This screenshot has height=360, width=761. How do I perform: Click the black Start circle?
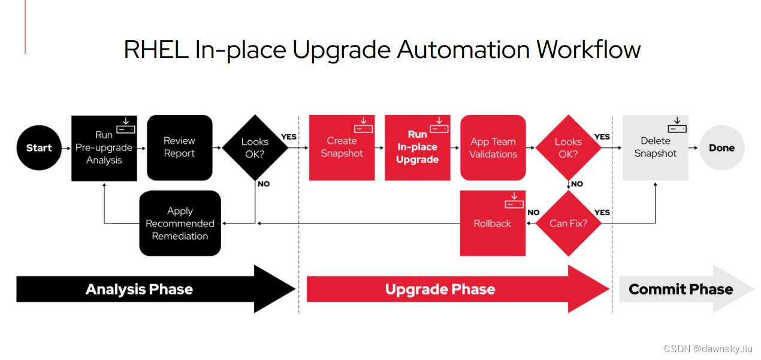click(39, 148)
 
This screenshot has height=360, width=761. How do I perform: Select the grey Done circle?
click(721, 148)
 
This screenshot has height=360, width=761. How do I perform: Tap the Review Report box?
click(180, 147)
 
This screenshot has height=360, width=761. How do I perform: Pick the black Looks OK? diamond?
click(255, 148)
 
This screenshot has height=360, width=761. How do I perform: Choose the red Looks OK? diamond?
click(568, 148)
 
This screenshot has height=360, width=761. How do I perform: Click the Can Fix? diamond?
click(568, 223)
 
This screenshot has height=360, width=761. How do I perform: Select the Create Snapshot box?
click(342, 147)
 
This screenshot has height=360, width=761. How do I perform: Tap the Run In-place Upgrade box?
click(418, 147)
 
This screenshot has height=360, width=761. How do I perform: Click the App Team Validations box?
click(493, 148)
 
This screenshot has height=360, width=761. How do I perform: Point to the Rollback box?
click(493, 223)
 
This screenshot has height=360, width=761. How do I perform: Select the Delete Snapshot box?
click(656, 147)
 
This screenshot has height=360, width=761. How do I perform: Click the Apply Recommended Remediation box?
click(180, 223)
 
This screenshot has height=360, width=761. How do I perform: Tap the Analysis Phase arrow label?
click(140, 289)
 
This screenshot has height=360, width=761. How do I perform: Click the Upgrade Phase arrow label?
click(440, 289)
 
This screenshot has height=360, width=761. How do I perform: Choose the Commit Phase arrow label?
click(681, 289)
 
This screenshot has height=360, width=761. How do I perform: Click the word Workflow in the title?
click(588, 49)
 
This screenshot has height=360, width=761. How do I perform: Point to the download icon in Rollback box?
click(514, 201)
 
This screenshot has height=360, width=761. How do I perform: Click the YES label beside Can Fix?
click(602, 212)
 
